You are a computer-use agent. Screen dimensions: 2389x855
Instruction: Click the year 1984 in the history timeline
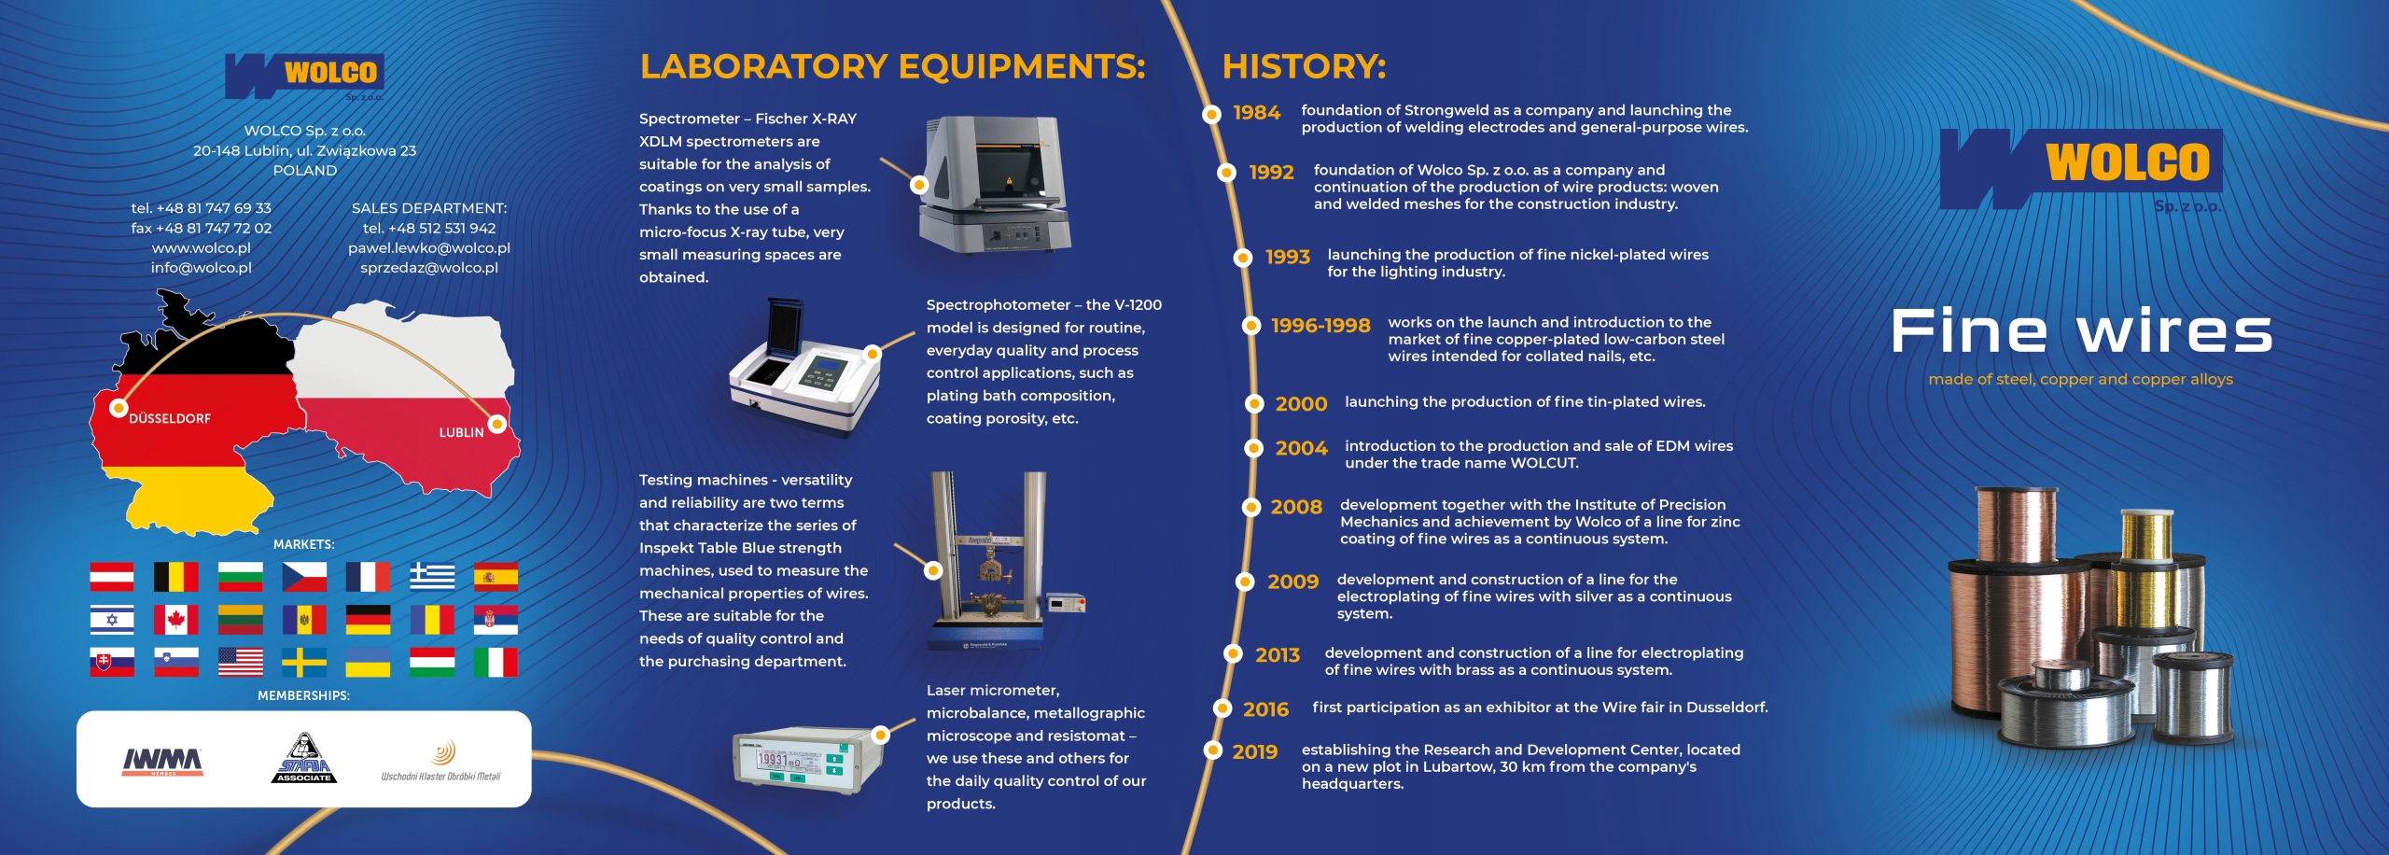[x=1256, y=113]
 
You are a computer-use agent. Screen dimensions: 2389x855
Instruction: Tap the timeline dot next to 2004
[x=1254, y=448]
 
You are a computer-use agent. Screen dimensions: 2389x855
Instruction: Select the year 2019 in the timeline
[x=1254, y=752]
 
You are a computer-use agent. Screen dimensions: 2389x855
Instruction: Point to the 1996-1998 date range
[x=1320, y=326]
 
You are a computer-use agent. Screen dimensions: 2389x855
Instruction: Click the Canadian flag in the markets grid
[x=175, y=620]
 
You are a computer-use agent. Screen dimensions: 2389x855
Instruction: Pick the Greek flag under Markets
[x=432, y=577]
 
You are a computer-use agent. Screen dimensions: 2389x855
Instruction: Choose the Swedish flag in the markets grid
[x=304, y=662]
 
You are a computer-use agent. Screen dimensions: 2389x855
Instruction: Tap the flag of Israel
[x=112, y=620]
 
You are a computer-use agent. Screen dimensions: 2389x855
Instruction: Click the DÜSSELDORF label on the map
[x=170, y=418]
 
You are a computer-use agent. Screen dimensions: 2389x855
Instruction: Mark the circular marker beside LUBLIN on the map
[x=497, y=424]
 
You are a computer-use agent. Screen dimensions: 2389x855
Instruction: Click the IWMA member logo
[x=163, y=761]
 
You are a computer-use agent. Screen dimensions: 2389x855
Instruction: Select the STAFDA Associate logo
[x=304, y=758]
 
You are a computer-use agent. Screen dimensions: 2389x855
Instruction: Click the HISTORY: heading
[x=1304, y=66]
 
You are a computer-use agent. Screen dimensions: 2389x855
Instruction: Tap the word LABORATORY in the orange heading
[x=763, y=66]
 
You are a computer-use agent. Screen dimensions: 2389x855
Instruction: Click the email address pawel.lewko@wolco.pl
[x=429, y=248]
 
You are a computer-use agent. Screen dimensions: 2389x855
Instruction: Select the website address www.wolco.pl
[x=202, y=248]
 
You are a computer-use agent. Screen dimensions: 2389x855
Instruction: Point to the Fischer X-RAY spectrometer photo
[x=995, y=184]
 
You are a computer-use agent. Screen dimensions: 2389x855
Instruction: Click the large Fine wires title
[x=2081, y=331]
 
